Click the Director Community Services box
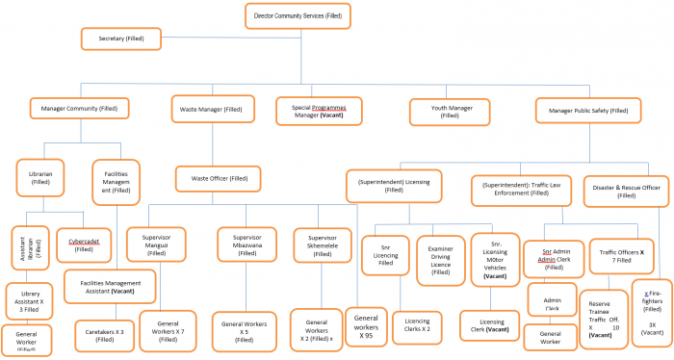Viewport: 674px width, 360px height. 297,15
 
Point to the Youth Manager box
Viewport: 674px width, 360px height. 454,113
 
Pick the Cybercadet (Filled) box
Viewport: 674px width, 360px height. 84,244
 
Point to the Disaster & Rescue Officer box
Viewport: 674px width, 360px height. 627,190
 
